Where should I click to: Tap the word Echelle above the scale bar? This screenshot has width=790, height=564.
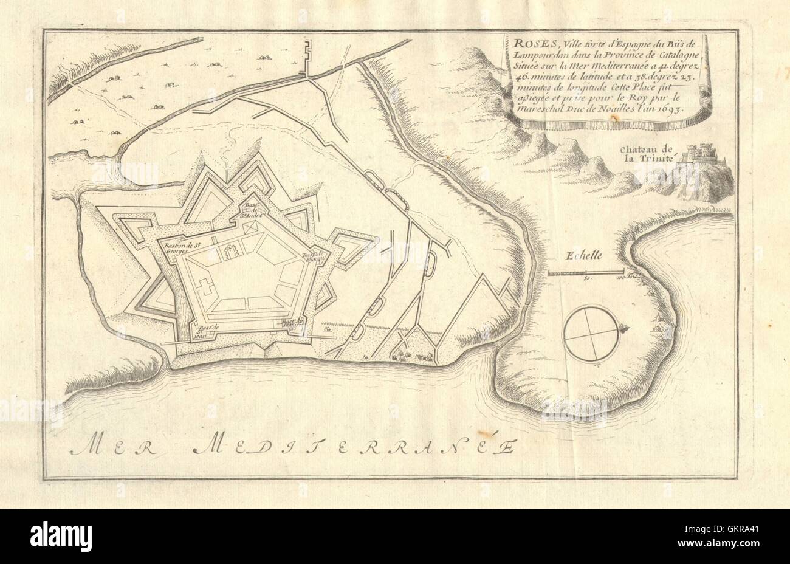[584, 256]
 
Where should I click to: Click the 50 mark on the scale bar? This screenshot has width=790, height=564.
[586, 279]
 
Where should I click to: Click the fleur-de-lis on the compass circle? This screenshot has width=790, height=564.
[623, 332]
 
